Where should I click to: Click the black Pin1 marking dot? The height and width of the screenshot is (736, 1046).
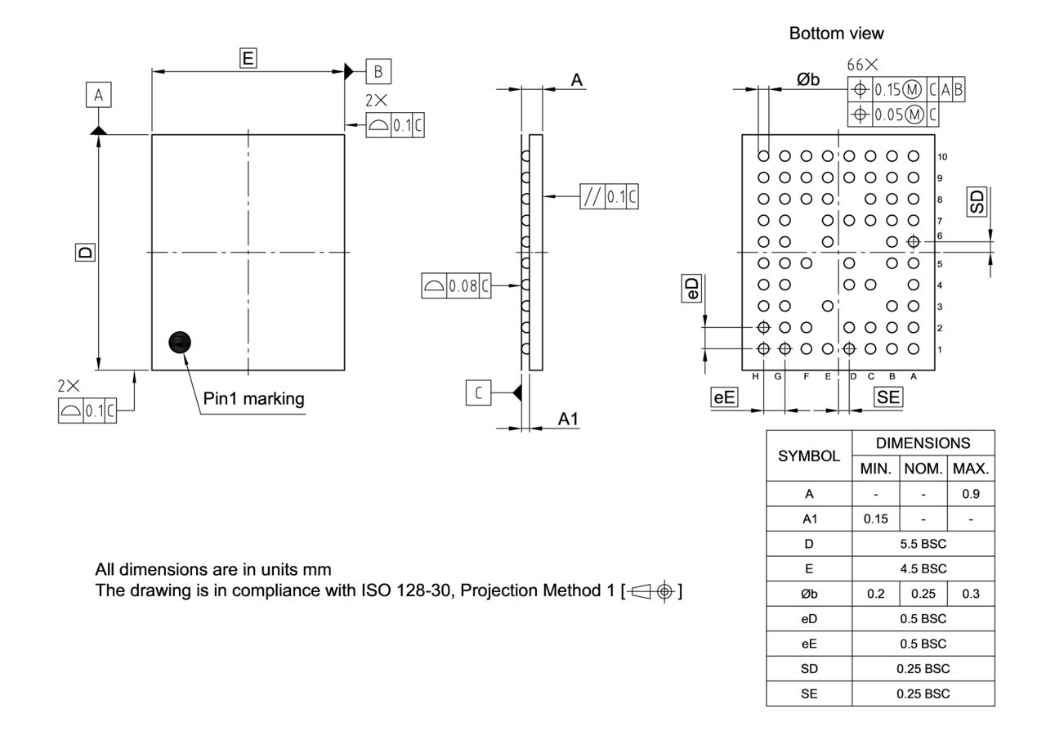(x=179, y=343)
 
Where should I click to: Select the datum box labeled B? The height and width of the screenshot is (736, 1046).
(x=378, y=71)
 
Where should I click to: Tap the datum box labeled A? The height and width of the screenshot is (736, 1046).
(x=98, y=96)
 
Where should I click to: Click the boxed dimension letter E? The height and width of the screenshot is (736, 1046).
(x=248, y=57)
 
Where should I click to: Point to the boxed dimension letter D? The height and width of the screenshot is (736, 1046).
(x=84, y=253)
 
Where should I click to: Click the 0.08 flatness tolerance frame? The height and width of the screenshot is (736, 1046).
(x=457, y=286)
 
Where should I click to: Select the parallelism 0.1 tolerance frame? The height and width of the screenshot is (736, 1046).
(x=609, y=197)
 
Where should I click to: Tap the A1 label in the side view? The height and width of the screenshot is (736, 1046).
(x=569, y=419)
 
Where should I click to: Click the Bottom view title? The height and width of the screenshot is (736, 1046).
(x=836, y=34)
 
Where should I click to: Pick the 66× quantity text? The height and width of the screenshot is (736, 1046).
(x=863, y=65)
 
